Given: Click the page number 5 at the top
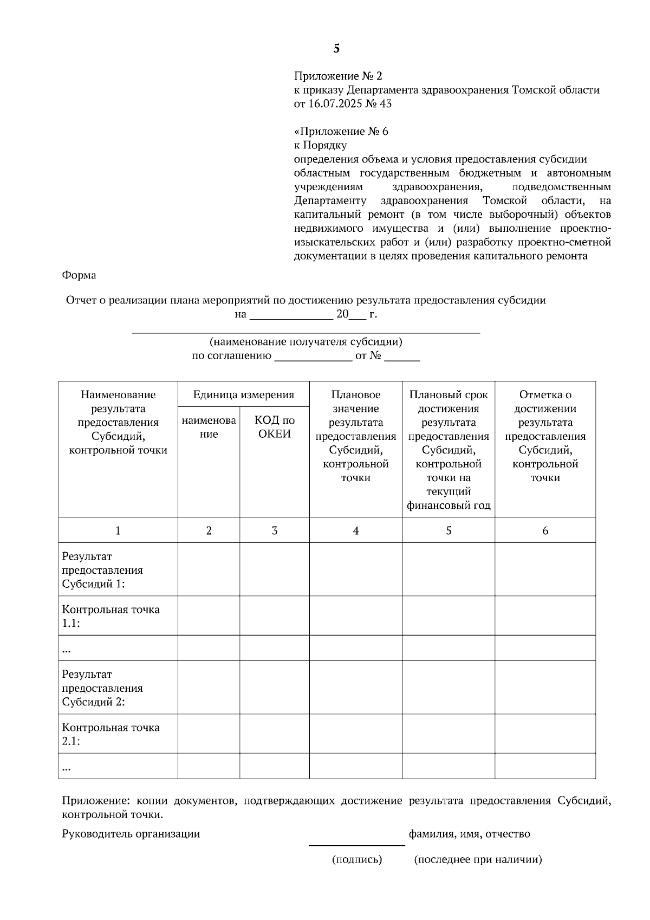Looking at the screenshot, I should (336, 49).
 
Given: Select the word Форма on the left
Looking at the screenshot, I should (79, 275).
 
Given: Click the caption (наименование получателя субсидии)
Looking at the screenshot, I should (306, 342).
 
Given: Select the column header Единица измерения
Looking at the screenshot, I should (244, 394).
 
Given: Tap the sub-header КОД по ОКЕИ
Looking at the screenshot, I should (275, 427).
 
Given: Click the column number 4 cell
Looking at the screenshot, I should (356, 530).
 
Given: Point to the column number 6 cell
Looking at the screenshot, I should (545, 530).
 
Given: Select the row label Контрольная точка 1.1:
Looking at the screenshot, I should (110, 616).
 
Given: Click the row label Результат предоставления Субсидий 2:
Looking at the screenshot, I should (102, 688).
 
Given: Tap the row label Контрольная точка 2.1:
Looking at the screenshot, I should (110, 734).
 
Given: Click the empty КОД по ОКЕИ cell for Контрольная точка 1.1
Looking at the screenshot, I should (275, 616).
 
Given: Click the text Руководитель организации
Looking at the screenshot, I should (131, 834).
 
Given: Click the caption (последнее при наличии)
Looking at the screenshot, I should (478, 859).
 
